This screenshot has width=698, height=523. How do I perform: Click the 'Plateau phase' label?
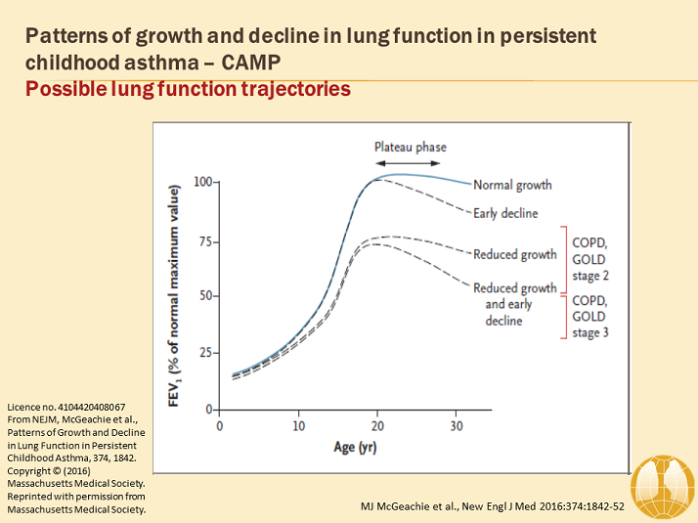click(x=411, y=148)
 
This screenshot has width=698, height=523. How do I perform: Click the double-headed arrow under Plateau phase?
click(x=411, y=163)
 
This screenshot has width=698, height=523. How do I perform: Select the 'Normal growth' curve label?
click(x=511, y=185)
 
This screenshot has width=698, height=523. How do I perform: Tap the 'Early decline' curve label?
click(x=504, y=213)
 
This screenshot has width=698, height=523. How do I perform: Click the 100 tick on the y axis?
click(x=203, y=182)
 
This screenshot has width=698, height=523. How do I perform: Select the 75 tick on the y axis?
click(x=206, y=239)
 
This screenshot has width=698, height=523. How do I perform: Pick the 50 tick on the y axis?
click(x=206, y=295)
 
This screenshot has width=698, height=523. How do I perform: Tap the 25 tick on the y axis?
click(x=206, y=352)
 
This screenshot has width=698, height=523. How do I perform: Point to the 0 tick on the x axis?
click(x=222, y=426)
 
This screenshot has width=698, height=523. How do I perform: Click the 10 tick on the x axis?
click(x=299, y=426)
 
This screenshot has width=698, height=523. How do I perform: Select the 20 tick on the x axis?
click(x=377, y=426)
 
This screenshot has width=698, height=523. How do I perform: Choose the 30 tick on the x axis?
click(x=456, y=426)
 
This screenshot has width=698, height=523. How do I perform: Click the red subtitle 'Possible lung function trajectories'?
click(x=188, y=90)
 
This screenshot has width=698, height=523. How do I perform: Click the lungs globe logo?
click(x=662, y=483)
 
